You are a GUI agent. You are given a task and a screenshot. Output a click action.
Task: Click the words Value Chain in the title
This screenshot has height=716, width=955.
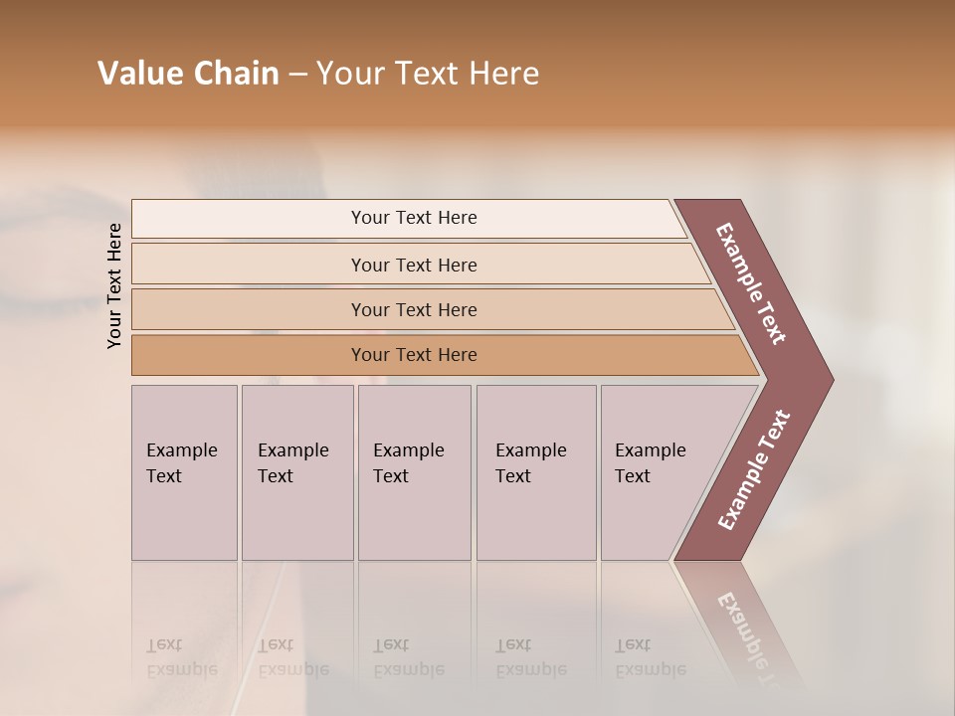pos(188,74)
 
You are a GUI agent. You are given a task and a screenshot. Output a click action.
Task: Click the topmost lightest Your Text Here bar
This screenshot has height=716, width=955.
pos(414,218)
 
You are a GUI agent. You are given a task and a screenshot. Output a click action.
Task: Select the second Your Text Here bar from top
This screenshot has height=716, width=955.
pos(414,265)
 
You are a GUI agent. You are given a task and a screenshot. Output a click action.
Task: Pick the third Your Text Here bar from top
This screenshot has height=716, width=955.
pos(414,309)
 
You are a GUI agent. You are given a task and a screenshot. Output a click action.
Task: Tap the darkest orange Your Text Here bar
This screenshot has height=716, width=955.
pos(414,355)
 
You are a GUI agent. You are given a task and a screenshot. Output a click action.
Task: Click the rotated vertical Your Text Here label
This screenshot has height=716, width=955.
pos(115,285)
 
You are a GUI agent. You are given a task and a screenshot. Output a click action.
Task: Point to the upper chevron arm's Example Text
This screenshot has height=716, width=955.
pos(751,283)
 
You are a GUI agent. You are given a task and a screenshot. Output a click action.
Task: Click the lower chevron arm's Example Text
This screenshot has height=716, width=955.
pos(754,470)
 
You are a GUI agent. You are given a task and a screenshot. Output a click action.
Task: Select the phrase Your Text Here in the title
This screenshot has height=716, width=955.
pos(428,74)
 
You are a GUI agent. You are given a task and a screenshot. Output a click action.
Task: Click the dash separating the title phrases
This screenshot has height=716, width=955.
pos(297,75)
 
